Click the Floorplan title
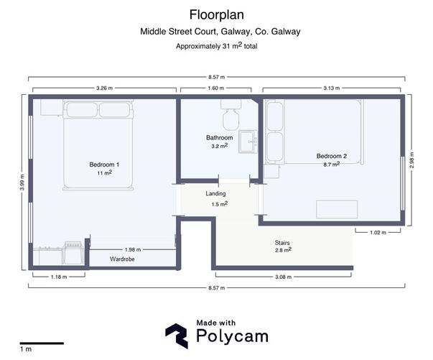point(216,14)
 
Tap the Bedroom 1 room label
point(104,165)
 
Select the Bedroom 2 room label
point(332,156)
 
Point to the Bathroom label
point(220,137)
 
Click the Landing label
point(216,194)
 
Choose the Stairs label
point(281,243)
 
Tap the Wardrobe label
point(122,259)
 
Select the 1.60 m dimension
point(216,88)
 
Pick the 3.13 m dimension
point(331,88)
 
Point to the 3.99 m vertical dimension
point(22,182)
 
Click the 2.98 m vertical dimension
point(411,159)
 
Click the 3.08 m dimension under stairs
point(284,276)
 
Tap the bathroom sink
point(248,139)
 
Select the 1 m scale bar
point(41,342)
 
